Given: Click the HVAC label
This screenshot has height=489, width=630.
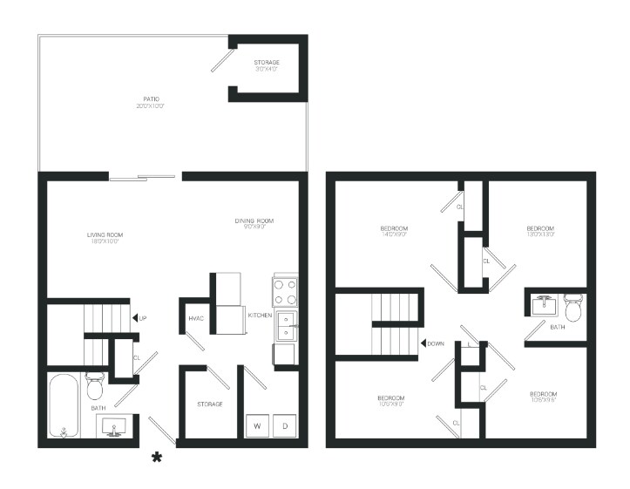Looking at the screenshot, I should pos(196,318).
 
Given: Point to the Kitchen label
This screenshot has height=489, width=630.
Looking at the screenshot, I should pos(260,315).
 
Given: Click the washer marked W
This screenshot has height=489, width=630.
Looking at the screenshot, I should pos(257,425).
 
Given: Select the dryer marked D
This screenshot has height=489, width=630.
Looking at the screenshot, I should pos(284,425).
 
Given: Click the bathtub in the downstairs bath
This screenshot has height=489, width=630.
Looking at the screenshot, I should pos(64,406).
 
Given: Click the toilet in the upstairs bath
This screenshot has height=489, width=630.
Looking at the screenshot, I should pos(572,308).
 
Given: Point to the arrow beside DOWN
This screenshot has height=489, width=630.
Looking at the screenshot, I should pos(422,343).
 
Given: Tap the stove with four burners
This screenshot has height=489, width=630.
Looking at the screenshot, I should pos(285,289).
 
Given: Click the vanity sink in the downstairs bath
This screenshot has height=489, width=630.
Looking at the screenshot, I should pos(113,426).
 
